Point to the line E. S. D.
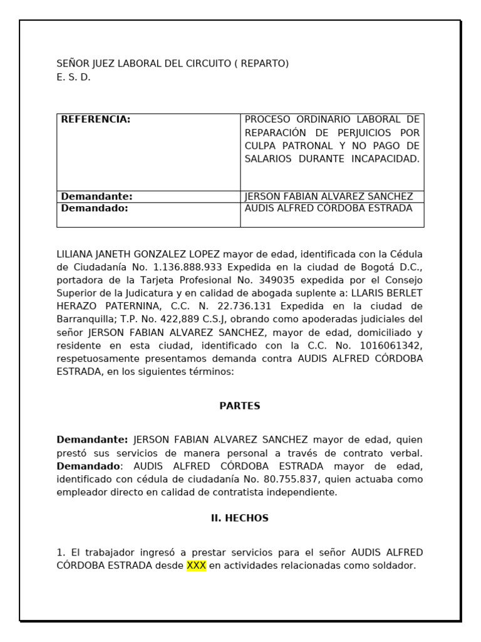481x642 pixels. tap(74, 78)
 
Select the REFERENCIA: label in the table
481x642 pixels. tap(95, 119)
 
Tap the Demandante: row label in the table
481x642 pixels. tap(96, 196)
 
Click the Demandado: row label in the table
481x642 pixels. tap(94, 208)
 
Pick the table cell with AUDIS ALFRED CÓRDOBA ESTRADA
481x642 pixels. tap(328, 208)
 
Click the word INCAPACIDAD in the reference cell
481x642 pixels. tap(389, 159)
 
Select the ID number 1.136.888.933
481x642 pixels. tap(187, 267)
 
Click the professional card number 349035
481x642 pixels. tap(285, 280)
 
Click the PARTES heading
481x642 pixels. tap(240, 406)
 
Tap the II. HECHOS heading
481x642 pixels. tap(240, 518)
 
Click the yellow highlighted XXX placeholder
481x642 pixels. tap(196, 566)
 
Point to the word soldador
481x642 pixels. tap(393, 566)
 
